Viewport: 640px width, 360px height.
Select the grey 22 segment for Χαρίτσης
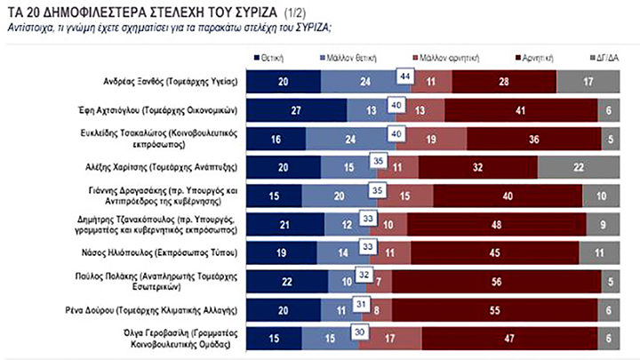578,167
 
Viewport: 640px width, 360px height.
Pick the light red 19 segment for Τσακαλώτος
430,139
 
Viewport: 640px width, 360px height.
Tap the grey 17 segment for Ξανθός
587,82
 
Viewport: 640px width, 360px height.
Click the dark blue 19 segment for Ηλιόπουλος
281,252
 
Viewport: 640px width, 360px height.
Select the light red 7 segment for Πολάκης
380,281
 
